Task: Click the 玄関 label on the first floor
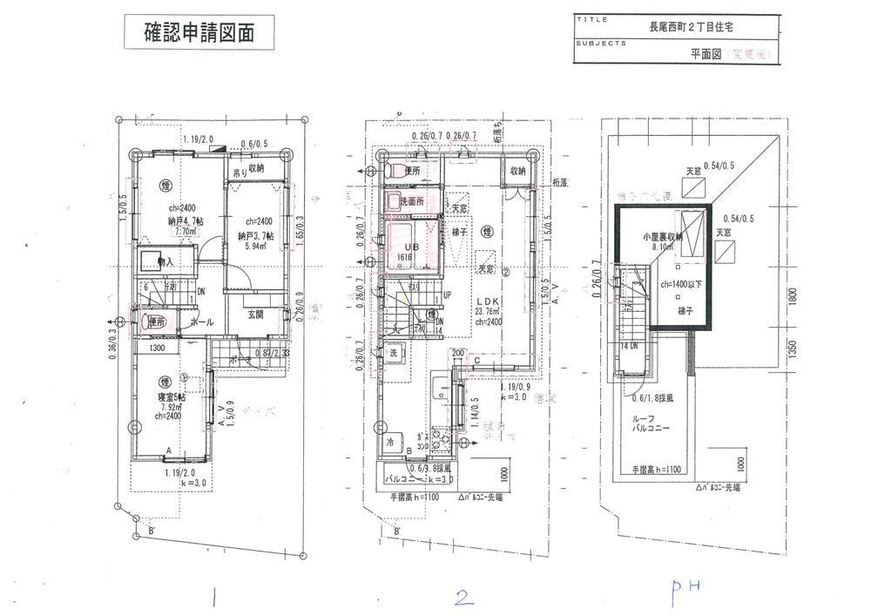point(255,315)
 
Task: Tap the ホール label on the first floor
point(201,322)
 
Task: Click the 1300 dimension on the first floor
point(157,349)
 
